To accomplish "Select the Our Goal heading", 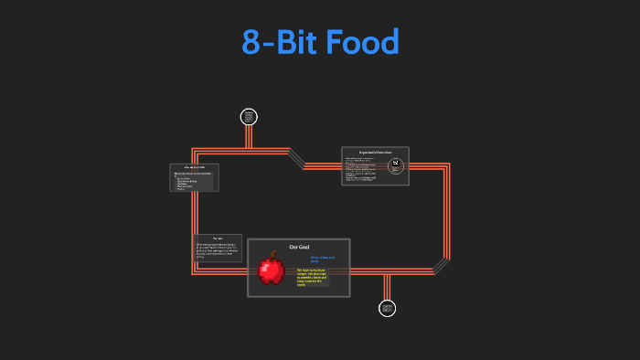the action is [300, 248].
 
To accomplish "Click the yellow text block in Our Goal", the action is [312, 277].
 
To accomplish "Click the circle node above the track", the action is [249, 116].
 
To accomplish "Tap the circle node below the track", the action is [387, 309].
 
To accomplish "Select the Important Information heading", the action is [375, 152].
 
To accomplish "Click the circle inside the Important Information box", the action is [396, 165].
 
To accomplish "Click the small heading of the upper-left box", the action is [193, 168].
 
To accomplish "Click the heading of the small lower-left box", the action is [218, 238].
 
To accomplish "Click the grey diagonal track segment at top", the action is [296, 158].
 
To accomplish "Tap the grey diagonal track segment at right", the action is [442, 264].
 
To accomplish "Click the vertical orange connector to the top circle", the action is [249, 137].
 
